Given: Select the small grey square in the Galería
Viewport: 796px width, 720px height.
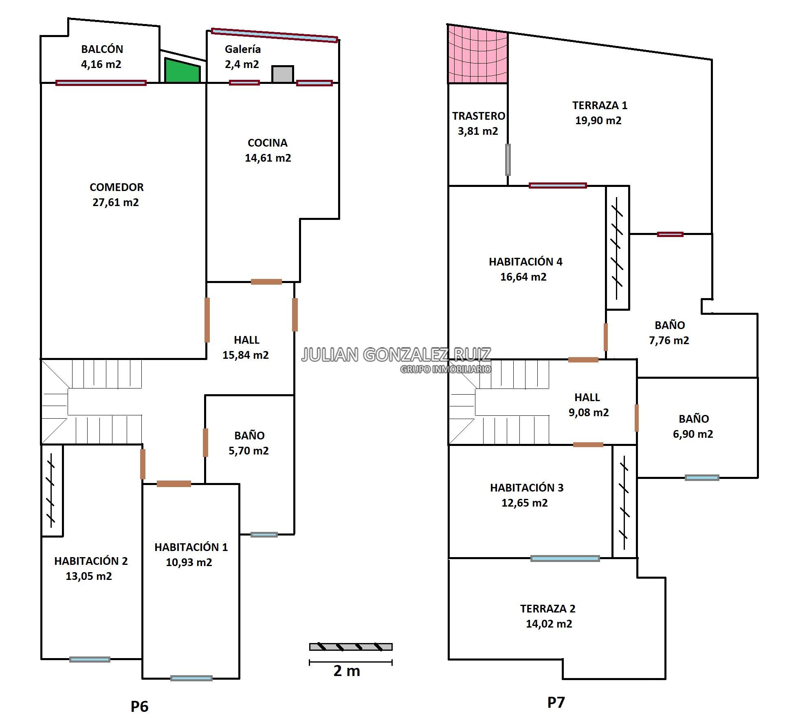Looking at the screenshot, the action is (x=283, y=75).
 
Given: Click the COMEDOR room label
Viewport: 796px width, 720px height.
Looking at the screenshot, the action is (x=117, y=187).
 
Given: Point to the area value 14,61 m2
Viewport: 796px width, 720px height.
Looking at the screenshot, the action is (x=268, y=158).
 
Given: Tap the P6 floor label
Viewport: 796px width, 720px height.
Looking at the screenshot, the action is (x=139, y=706).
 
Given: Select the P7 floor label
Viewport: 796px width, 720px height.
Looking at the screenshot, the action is (x=556, y=702).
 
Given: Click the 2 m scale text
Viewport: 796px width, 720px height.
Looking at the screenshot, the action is (x=347, y=671).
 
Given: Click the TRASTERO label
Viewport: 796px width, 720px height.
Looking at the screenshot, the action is (x=479, y=116).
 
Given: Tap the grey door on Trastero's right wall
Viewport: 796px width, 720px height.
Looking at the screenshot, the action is (x=508, y=160).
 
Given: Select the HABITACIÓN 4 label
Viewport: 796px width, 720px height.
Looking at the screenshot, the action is (x=526, y=261).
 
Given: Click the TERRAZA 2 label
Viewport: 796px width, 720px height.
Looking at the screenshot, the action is (x=548, y=608).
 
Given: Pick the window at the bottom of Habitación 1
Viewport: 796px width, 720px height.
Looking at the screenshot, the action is (x=191, y=678).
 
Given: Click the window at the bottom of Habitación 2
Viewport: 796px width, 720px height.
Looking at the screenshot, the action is (x=90, y=659).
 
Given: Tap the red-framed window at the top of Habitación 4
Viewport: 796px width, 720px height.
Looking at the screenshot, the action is (x=558, y=186).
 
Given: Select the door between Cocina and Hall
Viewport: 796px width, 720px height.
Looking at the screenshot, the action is (x=266, y=282).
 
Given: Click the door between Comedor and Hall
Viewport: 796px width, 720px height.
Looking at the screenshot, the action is (x=207, y=320).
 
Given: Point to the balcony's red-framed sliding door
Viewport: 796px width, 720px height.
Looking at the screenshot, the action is (x=101, y=83).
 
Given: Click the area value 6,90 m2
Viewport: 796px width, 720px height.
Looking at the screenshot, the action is (x=693, y=434).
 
